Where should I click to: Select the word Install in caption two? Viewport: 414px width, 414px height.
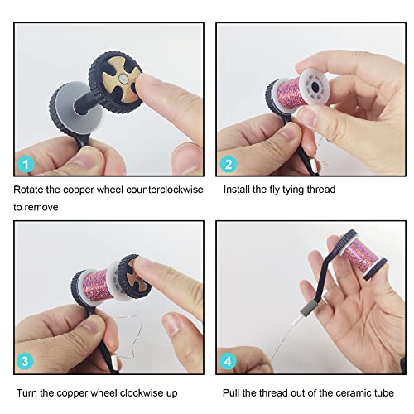click(x=238, y=190)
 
